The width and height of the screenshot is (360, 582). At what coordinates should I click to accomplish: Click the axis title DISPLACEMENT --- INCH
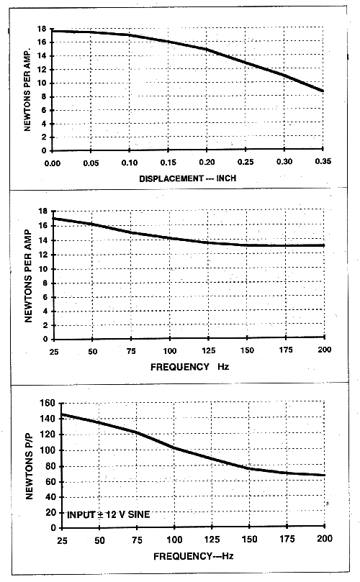pos(188,178)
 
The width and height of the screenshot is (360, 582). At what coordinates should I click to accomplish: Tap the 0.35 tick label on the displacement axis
pos(323,161)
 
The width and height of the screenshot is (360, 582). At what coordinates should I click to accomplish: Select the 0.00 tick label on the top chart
pos(53,163)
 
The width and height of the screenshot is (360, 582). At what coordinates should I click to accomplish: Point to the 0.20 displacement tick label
pos(207,162)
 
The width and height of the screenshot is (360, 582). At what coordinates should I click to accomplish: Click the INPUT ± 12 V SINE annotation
pos(109,514)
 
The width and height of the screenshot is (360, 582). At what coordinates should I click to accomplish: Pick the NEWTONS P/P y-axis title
pos(30,466)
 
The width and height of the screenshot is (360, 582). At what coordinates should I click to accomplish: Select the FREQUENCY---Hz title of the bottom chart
pos(194,556)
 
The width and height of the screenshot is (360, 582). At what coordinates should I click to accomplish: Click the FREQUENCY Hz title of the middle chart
pos(190,367)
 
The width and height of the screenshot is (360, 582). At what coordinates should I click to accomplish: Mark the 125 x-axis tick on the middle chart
pos(208,351)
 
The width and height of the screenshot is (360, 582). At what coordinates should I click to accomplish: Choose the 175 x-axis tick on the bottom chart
pos(287,539)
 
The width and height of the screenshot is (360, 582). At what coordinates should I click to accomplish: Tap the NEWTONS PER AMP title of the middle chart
pos(28,276)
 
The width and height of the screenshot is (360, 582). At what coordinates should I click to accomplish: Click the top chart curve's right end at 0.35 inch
pos(323,91)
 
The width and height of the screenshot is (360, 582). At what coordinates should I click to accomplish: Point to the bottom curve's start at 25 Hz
pos(62,414)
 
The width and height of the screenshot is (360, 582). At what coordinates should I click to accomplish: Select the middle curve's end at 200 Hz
pos(324,245)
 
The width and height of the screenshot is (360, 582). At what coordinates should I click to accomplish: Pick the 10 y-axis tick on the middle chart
pos(43,269)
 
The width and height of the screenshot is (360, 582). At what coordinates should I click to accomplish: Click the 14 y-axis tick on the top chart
pos(42,56)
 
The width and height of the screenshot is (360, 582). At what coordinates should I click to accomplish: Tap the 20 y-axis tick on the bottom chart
pos(51,513)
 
